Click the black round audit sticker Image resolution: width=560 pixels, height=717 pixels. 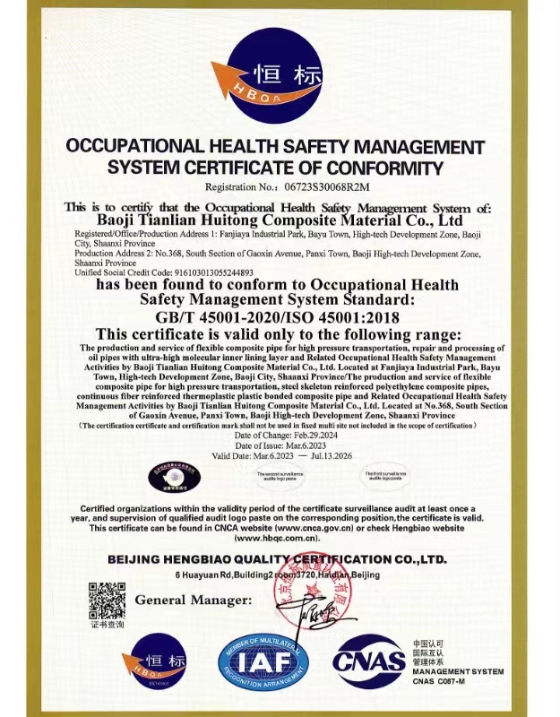(x=174, y=480)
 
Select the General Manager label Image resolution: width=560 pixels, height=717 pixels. (x=193, y=599)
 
